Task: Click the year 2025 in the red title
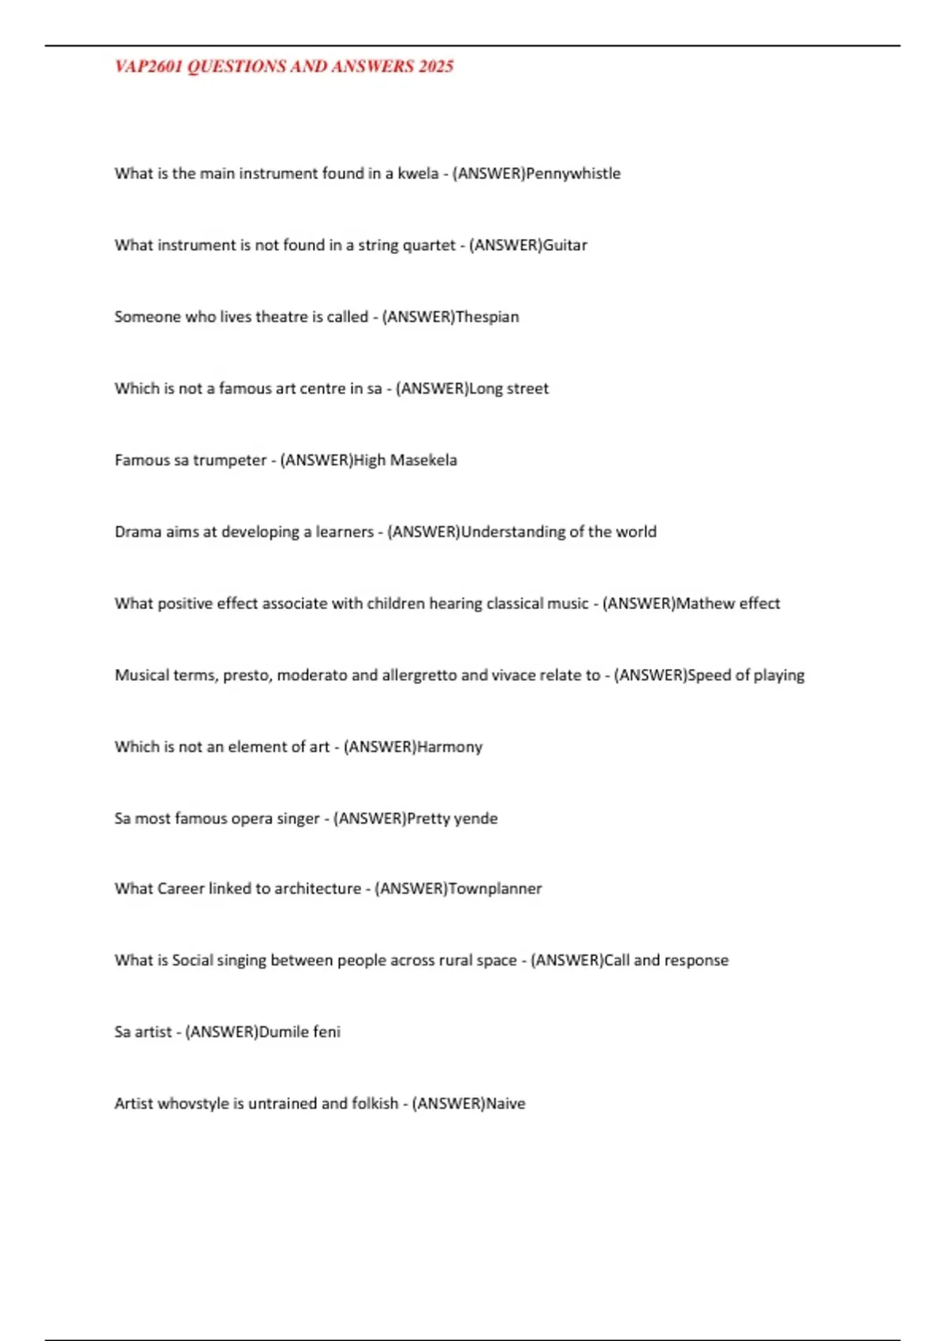[x=436, y=66]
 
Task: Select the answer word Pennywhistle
[x=573, y=174]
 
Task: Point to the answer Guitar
[x=565, y=245]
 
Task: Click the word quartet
[x=429, y=245]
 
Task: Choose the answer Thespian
[x=487, y=317]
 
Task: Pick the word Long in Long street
[x=486, y=389]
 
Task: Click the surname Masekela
[x=423, y=460]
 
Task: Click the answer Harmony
[x=449, y=747]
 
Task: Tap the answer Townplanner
[x=495, y=889]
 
